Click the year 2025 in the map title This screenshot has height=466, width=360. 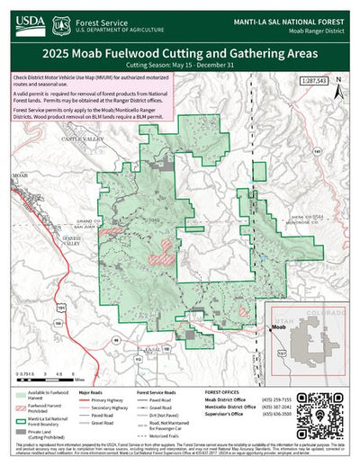point(65,53)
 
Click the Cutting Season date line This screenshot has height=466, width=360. point(180,66)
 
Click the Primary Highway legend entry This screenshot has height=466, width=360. point(106,401)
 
